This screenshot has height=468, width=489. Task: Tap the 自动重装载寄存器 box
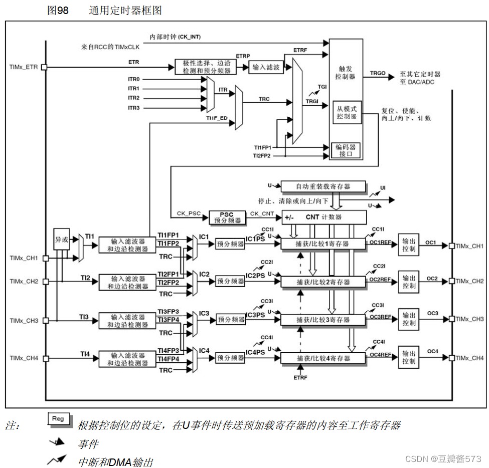pos(322,186)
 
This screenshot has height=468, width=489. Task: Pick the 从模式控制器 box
pos(347,113)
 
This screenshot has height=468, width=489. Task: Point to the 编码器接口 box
pos(347,150)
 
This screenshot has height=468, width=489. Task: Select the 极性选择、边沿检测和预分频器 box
pos(206,67)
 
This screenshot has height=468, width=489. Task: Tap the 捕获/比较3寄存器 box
pos(323,320)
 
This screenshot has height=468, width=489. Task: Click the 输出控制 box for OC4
pos(408,357)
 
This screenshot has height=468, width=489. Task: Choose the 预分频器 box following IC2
pos(230,282)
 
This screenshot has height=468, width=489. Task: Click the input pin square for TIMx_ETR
pos(44,67)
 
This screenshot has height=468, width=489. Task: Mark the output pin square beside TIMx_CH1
pos(452,246)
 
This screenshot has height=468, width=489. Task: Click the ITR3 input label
pos(134,108)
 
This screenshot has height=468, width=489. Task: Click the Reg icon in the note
pos(58,419)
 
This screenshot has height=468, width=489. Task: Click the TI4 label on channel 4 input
pos(85,354)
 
